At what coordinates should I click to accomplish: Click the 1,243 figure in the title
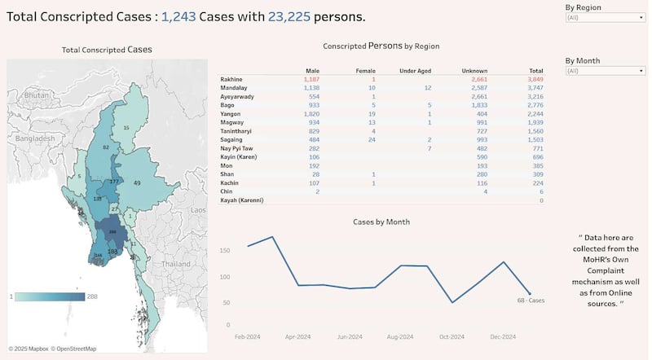point(178,16)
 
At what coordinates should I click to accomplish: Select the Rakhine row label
point(232,79)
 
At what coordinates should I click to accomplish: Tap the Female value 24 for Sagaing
point(371,140)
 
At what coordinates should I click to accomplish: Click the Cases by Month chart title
point(381,222)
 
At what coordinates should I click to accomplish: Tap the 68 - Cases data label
point(531,301)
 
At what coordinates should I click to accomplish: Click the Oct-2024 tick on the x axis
point(451,336)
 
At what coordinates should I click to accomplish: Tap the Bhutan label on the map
point(37,95)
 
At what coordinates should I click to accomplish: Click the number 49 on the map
point(137,182)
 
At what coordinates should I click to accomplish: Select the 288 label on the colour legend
point(92,296)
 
